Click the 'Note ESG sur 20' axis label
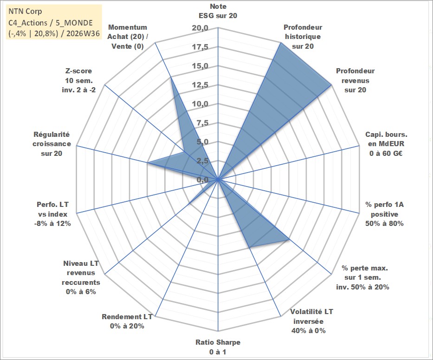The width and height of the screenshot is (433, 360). point(218,11)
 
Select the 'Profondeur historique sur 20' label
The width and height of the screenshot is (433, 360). point(303,37)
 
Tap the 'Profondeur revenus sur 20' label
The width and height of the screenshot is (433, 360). point(355,80)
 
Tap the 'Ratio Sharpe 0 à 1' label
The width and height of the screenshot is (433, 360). point(218,347)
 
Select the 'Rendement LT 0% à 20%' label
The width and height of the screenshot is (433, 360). point(127,321)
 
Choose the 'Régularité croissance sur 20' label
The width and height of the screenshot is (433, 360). point(52,144)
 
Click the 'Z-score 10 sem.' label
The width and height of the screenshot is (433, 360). point(79,80)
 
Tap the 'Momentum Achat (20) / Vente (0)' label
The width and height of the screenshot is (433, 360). point(127,37)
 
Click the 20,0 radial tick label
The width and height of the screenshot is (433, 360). point(200,28)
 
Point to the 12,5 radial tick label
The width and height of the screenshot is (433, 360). point(200,85)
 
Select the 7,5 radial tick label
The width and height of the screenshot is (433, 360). point(203,123)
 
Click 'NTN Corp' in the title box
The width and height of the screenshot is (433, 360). point(25,11)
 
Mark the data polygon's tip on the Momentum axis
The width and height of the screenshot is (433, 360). point(171,77)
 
